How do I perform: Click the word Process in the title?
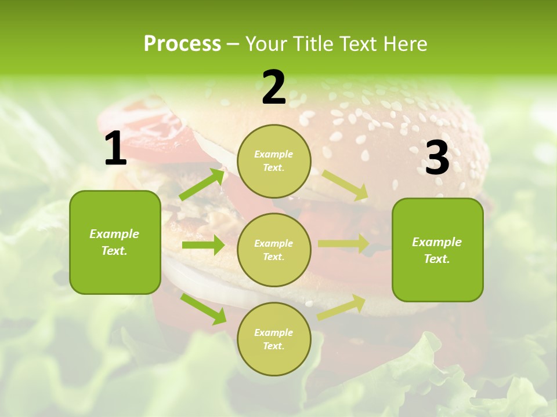(x=182, y=43)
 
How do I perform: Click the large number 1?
(x=115, y=149)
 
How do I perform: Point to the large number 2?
(x=274, y=87)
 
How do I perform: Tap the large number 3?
(x=437, y=158)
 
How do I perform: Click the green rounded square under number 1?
(x=115, y=242)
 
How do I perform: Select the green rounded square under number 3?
(x=437, y=250)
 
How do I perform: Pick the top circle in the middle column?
(x=274, y=161)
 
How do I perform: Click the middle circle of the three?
(x=274, y=250)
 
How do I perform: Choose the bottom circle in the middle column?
(x=274, y=339)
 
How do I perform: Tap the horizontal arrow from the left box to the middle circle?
(x=203, y=245)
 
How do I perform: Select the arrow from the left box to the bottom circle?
(x=203, y=308)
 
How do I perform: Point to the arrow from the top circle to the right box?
(x=345, y=185)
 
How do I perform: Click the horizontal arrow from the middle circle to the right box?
(x=343, y=244)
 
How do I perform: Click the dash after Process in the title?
(x=233, y=44)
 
